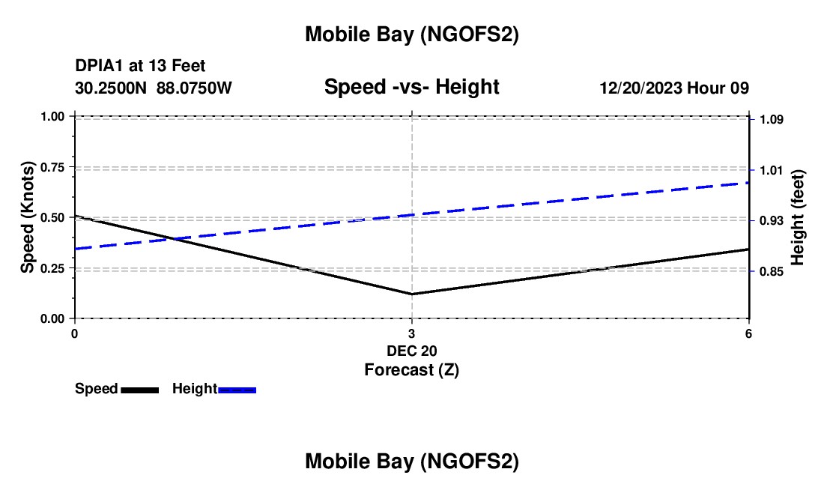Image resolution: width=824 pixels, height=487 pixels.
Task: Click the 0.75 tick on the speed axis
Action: point(52,167)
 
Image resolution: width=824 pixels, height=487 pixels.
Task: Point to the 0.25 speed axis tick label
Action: point(52,268)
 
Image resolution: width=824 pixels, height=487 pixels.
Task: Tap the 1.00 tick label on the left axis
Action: point(52,116)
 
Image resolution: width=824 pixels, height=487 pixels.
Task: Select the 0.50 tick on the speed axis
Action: point(52,217)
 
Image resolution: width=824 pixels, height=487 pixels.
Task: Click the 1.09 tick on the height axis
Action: point(771,119)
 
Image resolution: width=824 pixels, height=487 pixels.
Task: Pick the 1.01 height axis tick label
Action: point(771,170)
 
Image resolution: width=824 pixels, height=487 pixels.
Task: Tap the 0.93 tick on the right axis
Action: point(771,220)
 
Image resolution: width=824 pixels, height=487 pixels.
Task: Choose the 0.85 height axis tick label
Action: point(771,271)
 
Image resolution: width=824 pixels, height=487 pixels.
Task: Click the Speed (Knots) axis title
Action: point(28,217)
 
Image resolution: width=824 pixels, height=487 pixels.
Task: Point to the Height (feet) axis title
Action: point(797,217)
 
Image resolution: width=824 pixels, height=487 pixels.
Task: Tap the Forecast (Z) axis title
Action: point(411,369)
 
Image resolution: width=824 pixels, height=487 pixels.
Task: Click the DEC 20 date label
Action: point(411,351)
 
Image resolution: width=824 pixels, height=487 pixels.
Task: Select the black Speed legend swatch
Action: point(139,389)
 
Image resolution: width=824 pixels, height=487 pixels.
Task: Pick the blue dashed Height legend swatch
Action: point(237,389)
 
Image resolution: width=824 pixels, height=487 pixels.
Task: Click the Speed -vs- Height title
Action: point(411,87)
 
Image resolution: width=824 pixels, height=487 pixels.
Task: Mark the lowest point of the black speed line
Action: point(411,294)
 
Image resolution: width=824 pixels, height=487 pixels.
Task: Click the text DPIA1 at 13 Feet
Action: point(140,67)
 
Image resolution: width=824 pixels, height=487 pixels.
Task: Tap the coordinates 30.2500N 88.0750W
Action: point(154,88)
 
